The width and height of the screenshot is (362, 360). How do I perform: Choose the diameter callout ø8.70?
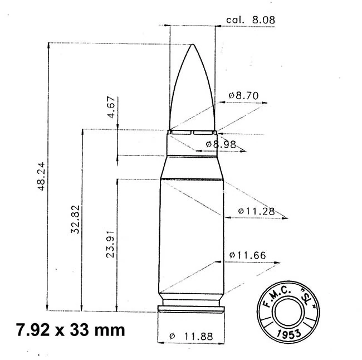tap(244, 96)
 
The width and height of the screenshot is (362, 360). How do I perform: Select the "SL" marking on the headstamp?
tap(304, 296)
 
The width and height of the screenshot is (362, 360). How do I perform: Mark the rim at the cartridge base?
tap(192, 309)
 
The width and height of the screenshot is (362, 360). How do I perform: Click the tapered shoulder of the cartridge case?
tap(192, 167)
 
